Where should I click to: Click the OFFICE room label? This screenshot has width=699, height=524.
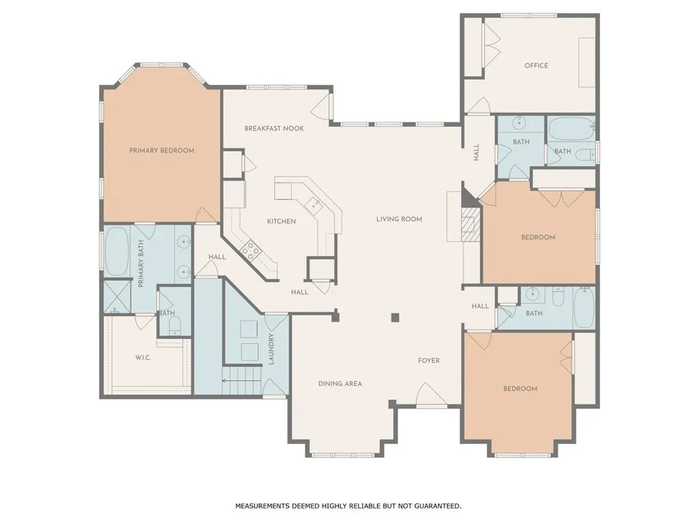(x=537, y=65)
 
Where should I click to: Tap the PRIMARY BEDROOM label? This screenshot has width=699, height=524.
(x=162, y=151)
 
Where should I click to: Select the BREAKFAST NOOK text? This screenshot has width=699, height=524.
(x=274, y=128)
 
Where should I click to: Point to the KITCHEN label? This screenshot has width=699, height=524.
(x=281, y=222)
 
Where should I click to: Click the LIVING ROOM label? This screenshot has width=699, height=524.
(x=399, y=219)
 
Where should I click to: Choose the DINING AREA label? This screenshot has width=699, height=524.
(x=340, y=383)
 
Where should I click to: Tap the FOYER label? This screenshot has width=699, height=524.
(x=429, y=360)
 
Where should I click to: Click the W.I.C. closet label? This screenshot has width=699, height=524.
(x=143, y=358)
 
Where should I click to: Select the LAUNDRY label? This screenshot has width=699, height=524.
(x=271, y=349)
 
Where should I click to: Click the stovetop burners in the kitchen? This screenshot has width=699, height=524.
(x=250, y=251)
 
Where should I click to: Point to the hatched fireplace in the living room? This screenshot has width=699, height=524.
(x=470, y=224)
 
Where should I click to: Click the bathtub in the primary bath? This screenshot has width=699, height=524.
(x=117, y=252)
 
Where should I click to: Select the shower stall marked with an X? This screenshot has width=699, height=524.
(x=117, y=297)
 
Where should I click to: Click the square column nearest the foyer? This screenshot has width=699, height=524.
(x=395, y=317)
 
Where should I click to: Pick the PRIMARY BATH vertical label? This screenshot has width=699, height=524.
(x=141, y=264)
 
